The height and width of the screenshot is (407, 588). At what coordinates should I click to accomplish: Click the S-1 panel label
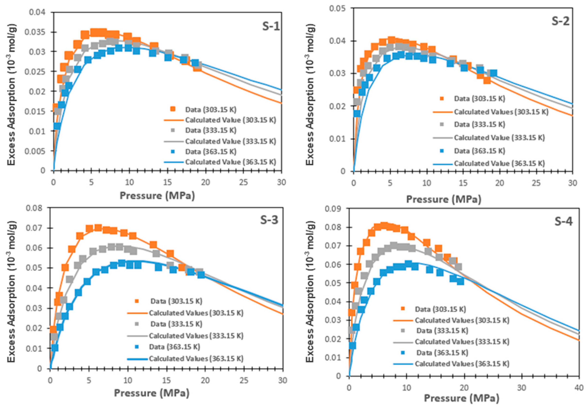tap(271, 26)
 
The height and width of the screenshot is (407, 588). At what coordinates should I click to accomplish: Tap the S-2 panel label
tap(560, 21)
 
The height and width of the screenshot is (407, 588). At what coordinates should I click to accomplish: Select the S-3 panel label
tap(269, 220)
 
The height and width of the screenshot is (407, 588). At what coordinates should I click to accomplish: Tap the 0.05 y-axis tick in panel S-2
tap(337, 8)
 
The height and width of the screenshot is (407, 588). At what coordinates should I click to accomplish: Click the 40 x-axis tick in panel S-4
tap(579, 388)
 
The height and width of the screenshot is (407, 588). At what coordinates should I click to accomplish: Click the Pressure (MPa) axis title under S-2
tap(443, 199)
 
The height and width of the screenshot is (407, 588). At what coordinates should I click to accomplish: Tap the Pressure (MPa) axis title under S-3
tap(152, 393)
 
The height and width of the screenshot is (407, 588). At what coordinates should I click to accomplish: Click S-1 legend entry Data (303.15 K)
tap(211, 110)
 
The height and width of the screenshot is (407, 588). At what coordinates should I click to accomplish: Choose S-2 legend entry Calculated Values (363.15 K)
tap(499, 164)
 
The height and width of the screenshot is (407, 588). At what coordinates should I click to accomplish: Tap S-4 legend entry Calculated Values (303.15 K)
tap(462, 320)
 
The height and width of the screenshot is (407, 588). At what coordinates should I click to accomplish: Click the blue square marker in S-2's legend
tap(442, 151)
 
